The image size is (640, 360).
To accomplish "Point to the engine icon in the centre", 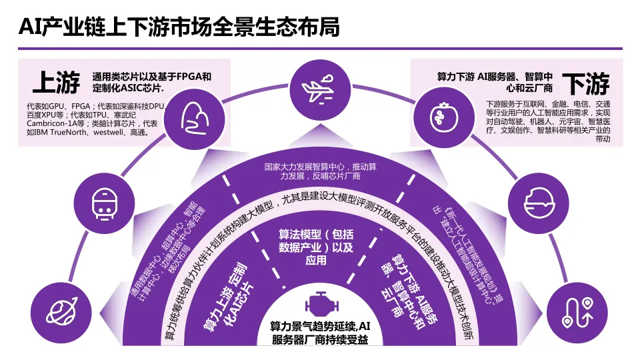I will tap(319, 304).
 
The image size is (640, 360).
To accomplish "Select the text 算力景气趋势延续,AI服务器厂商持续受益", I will tap(319, 333).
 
